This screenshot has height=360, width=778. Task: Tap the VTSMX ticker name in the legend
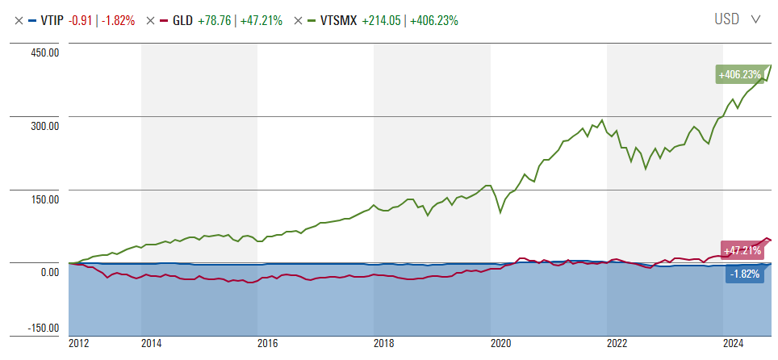click(x=337, y=20)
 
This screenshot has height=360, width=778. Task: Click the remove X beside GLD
click(x=150, y=20)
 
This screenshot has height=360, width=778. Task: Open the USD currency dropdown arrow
click(x=755, y=19)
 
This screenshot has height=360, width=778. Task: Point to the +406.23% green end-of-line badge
click(x=740, y=75)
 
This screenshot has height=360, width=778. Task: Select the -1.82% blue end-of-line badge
click(x=743, y=274)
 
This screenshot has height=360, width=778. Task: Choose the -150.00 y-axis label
click(x=41, y=328)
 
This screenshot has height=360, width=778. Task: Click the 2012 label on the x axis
click(x=79, y=345)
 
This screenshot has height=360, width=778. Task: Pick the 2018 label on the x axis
click(x=384, y=345)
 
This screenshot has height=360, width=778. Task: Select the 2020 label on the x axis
click(x=501, y=345)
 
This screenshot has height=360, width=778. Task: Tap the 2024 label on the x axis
click(x=734, y=345)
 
